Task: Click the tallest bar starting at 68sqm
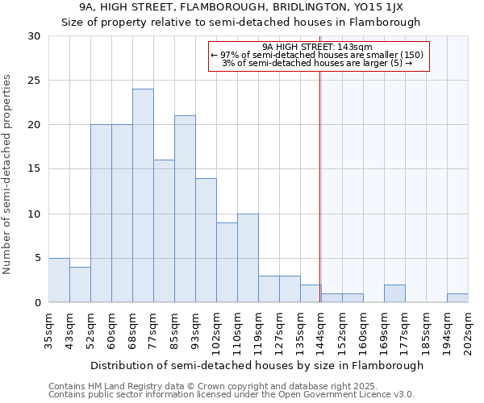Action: coord(143,196)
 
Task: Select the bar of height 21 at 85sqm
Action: coord(185,209)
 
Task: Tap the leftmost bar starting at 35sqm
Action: coord(59,280)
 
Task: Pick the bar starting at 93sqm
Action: coord(206,240)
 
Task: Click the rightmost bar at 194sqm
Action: coord(457,297)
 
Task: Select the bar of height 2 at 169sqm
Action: coord(394,293)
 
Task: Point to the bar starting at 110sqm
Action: coord(248,258)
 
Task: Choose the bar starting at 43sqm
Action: coord(80,285)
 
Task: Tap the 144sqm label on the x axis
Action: coord(322,330)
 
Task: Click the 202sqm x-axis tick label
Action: coord(469,330)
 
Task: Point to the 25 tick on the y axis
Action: coord(35,81)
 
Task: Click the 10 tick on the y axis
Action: coord(35,214)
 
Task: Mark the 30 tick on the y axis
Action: coord(35,36)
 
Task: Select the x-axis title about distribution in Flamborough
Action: coord(257,365)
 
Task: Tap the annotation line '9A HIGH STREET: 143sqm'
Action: coord(317,48)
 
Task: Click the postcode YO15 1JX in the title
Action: coord(391,7)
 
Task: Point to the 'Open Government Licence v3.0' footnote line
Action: coord(232,395)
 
